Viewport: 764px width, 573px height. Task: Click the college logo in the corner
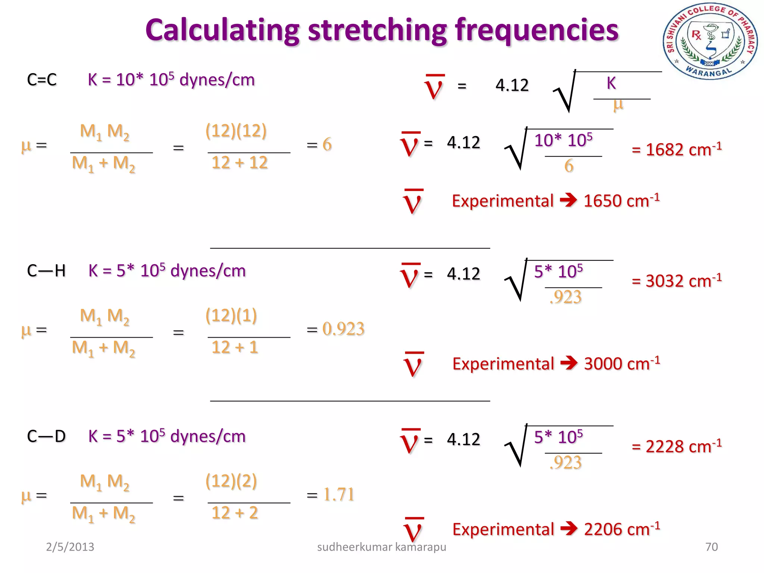pos(710,41)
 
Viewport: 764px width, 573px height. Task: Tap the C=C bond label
pos(42,80)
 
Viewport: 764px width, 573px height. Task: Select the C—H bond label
pos(46,271)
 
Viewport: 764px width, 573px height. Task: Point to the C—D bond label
pos(46,436)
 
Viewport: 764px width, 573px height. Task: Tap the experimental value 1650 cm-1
pos(621,201)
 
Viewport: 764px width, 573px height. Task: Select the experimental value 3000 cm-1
pos(621,364)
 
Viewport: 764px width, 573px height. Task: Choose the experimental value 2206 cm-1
pos(621,529)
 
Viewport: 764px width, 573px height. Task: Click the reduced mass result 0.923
pos(343,329)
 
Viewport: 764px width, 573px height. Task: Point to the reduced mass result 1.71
pos(338,495)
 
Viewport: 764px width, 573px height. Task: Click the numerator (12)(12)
pos(236,131)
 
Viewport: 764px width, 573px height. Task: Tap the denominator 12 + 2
pos(235,513)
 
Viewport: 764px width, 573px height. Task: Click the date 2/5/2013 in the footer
pos(70,547)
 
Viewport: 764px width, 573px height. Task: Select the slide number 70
pos(711,547)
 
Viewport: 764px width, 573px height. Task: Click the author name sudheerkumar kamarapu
pos(381,547)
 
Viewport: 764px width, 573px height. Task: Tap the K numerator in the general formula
pos(611,83)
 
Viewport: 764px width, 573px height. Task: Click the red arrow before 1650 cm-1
pos(568,200)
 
